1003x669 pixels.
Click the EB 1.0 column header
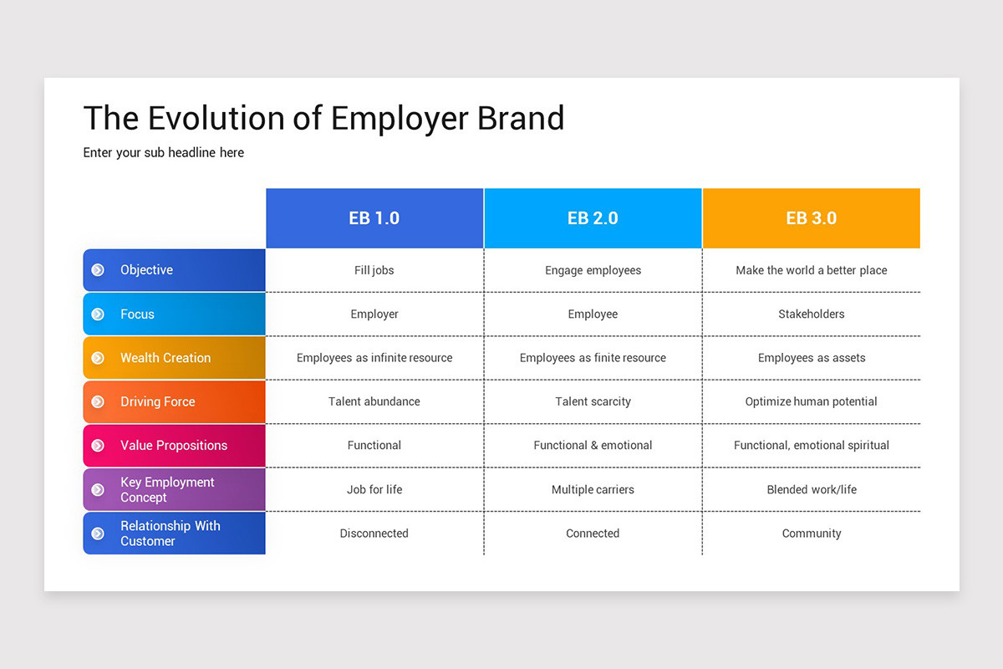click(x=374, y=218)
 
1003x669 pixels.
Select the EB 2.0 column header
click(x=593, y=218)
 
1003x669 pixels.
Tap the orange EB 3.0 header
click(x=812, y=218)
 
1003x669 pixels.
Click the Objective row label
click(x=146, y=270)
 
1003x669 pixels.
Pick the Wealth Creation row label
click(x=165, y=358)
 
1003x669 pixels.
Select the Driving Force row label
click(x=158, y=401)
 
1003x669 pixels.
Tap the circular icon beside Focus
click(x=98, y=314)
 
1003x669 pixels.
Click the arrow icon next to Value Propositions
click(x=98, y=446)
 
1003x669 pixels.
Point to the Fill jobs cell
click(x=374, y=270)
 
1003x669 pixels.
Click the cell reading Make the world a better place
click(x=812, y=270)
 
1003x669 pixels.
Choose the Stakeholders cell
click(x=812, y=314)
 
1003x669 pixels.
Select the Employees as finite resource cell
click(x=593, y=358)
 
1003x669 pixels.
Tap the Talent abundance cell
click(x=374, y=401)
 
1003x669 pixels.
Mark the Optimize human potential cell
click(x=812, y=401)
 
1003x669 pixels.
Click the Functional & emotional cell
click(x=593, y=446)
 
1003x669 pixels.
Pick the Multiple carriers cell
click(x=593, y=489)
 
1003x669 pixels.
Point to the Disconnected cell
click(x=374, y=534)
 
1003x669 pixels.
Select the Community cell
click(x=812, y=534)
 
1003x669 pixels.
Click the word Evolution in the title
click(x=216, y=118)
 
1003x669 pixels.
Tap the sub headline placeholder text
click(x=164, y=153)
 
